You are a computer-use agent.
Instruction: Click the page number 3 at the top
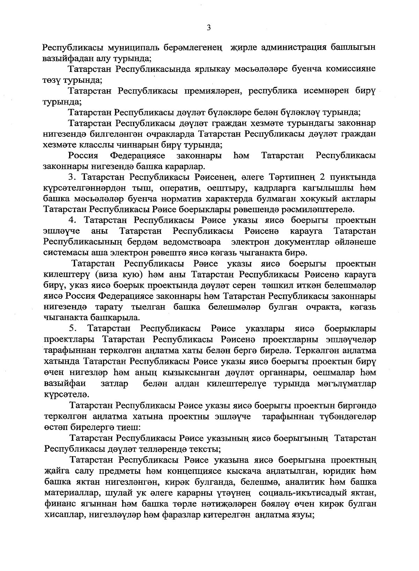(208, 28)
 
